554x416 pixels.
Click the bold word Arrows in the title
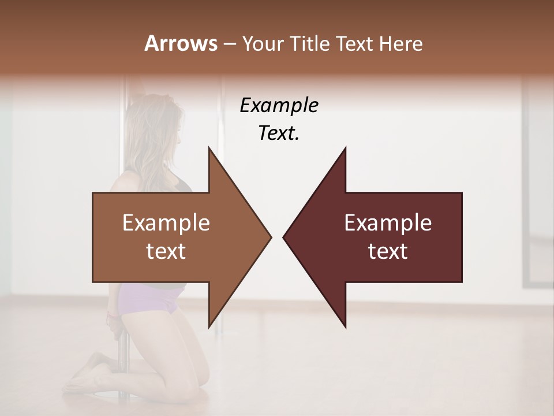(x=181, y=43)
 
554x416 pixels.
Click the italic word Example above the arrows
(x=279, y=105)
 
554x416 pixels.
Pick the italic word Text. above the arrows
(x=279, y=133)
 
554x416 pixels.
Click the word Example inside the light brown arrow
(x=166, y=222)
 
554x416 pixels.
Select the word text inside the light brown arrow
(x=166, y=251)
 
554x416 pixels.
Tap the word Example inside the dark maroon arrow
(x=388, y=222)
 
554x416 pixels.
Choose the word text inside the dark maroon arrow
(x=388, y=251)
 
